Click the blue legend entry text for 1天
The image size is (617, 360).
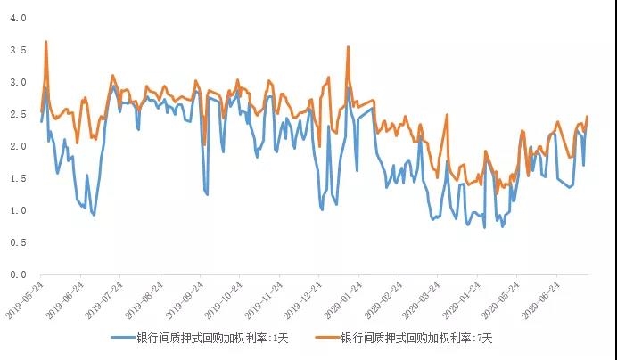click(x=213, y=338)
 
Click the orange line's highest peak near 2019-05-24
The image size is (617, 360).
click(x=45, y=42)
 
